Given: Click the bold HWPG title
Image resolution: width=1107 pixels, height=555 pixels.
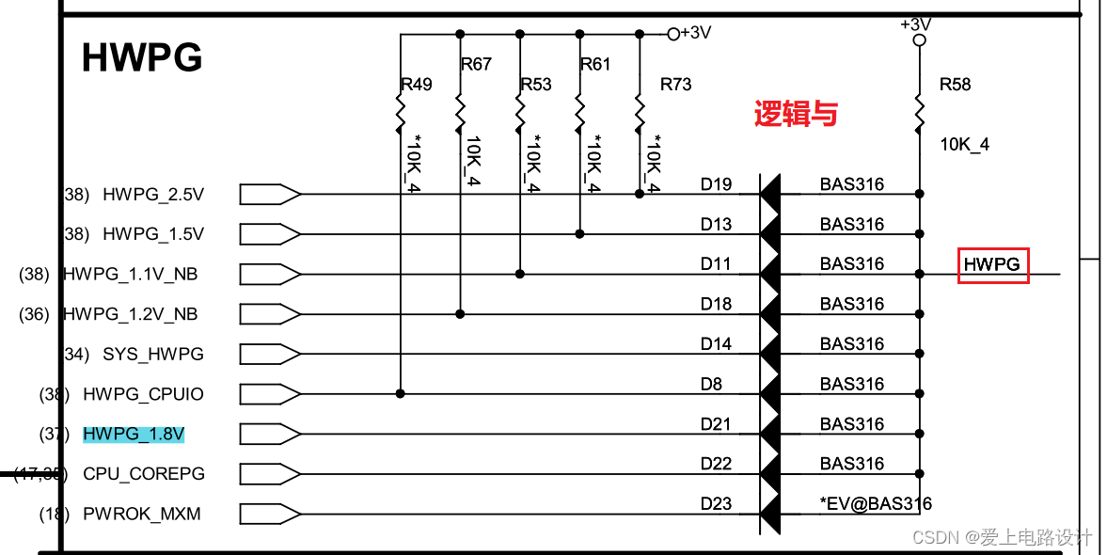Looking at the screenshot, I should click(142, 58).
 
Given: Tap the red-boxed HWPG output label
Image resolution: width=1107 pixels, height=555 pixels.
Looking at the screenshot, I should click(992, 265).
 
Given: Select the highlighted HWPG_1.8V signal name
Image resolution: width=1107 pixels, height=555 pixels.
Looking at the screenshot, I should click(134, 434).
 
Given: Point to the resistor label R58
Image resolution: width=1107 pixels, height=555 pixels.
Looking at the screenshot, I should click(955, 85).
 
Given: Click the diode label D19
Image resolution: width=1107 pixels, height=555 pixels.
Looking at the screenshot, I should click(716, 184).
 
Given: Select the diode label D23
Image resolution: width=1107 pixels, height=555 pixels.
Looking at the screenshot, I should click(716, 504).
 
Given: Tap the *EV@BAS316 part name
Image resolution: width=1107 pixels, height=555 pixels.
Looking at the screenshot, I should click(876, 504).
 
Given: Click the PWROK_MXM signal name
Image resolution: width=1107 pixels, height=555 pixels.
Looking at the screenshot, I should click(141, 515).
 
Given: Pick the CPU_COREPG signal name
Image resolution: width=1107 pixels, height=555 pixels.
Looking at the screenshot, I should click(143, 474).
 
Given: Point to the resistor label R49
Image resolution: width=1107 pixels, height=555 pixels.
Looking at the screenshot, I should click(416, 85).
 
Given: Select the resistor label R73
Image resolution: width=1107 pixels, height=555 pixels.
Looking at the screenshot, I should click(675, 85).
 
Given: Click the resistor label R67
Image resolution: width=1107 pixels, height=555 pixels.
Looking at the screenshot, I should click(476, 64).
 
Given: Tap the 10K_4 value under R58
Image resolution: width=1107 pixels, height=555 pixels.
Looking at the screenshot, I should click(965, 145).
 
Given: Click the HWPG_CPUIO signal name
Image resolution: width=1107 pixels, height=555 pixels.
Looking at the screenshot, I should click(143, 394).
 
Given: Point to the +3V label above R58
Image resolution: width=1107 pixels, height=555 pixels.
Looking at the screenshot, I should click(915, 24).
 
